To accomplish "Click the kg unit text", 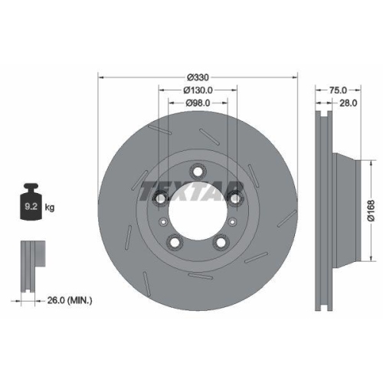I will pyautogui.click(x=51, y=208).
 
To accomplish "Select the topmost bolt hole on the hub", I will pyautogui.click(x=198, y=172).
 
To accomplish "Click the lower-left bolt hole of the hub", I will pyautogui.click(x=175, y=243).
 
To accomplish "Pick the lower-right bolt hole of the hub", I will pyautogui.click(x=221, y=243).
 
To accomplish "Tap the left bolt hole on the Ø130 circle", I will pyautogui.click(x=160, y=199).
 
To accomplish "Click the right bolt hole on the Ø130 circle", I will pyautogui.click(x=235, y=199).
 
